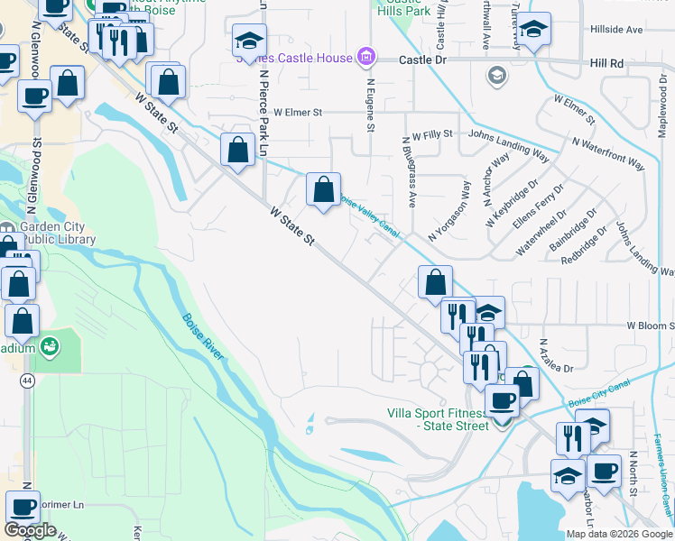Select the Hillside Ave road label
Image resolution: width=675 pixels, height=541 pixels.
point(616,29)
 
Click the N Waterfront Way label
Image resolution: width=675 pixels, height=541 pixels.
point(608,153)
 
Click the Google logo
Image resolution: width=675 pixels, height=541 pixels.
point(30,530)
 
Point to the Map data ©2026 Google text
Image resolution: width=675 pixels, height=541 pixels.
point(618,534)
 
